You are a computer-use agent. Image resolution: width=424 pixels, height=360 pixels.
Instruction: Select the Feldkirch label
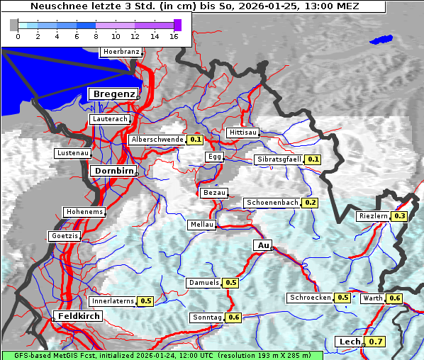click(79, 315)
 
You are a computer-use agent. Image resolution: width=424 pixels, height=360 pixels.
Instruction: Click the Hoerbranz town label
click(121, 52)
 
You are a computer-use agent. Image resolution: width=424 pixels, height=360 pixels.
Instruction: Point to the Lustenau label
click(73, 153)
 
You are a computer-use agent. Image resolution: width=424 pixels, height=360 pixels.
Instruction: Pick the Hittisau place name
click(243, 133)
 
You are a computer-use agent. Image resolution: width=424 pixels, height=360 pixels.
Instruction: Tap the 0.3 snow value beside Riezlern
click(400, 215)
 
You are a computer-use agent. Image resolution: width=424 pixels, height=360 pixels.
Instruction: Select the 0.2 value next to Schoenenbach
click(310, 203)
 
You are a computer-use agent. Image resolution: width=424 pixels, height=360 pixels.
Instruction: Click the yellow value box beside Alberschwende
click(196, 140)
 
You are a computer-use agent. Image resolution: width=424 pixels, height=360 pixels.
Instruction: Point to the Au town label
click(263, 245)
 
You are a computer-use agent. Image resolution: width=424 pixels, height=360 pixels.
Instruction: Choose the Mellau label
click(201, 225)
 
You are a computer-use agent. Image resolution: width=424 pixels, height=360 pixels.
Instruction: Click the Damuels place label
click(203, 283)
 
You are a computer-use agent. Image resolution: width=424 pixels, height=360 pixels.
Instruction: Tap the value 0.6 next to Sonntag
click(234, 317)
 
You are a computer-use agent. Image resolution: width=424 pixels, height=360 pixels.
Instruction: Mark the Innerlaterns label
click(113, 301)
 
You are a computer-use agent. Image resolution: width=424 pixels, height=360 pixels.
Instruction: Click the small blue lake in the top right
click(381, 40)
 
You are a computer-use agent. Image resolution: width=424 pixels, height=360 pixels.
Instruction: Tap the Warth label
click(373, 298)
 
